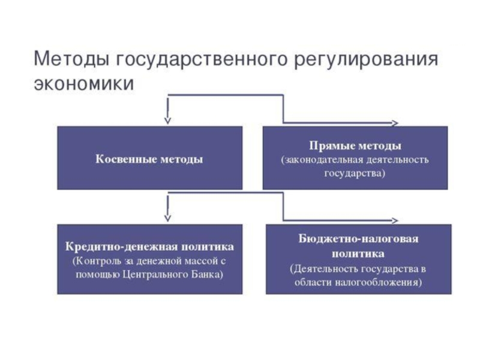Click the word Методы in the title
pos(71,58)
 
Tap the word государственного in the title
pos(202,59)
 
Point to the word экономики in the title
pos(84,83)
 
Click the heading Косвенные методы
pos(149,159)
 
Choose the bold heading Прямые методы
pos(355,145)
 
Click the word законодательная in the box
pos(322,160)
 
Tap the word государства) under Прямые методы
pos(355,173)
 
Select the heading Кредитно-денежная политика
pos(149,247)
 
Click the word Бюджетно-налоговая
pos(358,238)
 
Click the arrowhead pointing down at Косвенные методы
pos(167,121)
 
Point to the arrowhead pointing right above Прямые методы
pos(395,123)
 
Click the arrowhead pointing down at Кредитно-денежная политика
pos(167,218)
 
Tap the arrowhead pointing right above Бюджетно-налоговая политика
pos(395,220)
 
